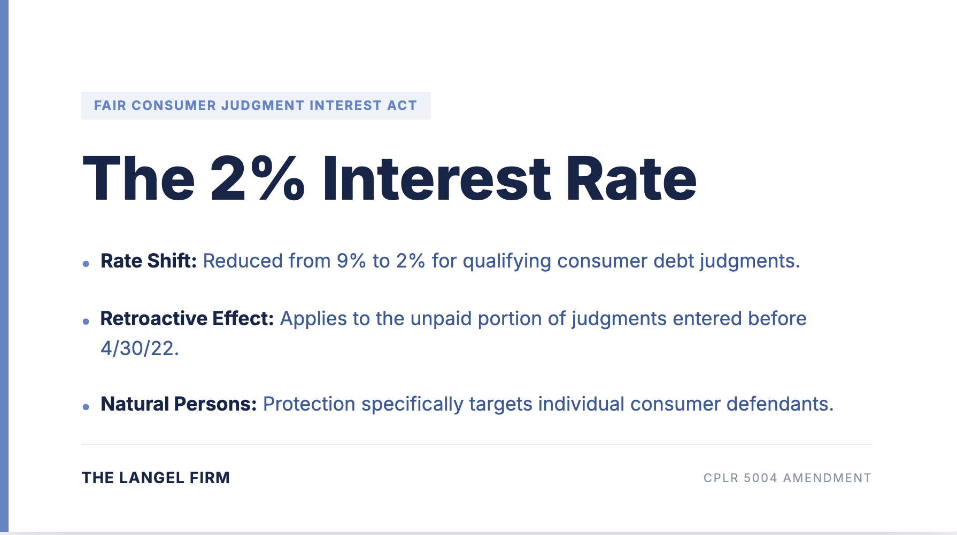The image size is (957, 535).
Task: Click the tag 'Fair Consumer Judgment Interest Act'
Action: (256, 106)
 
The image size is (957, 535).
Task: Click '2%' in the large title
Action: (258, 179)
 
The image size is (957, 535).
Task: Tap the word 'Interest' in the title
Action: (436, 179)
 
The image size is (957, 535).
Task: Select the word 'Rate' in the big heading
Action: (631, 179)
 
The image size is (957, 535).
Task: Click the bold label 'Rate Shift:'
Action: (149, 261)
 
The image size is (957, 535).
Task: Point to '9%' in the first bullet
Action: (351, 261)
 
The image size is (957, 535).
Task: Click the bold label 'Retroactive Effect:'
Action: (187, 319)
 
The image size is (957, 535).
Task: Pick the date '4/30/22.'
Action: (140, 349)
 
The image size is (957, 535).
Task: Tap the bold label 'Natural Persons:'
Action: (179, 404)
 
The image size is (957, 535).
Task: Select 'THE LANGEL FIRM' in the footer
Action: (156, 478)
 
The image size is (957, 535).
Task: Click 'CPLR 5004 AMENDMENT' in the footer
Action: (787, 478)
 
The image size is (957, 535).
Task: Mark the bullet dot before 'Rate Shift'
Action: (86, 264)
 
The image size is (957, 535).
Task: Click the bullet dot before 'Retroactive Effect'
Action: (86, 321)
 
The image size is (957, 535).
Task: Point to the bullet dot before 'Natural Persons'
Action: (86, 407)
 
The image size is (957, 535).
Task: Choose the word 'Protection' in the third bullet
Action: (309, 404)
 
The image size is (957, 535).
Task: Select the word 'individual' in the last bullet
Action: (581, 404)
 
